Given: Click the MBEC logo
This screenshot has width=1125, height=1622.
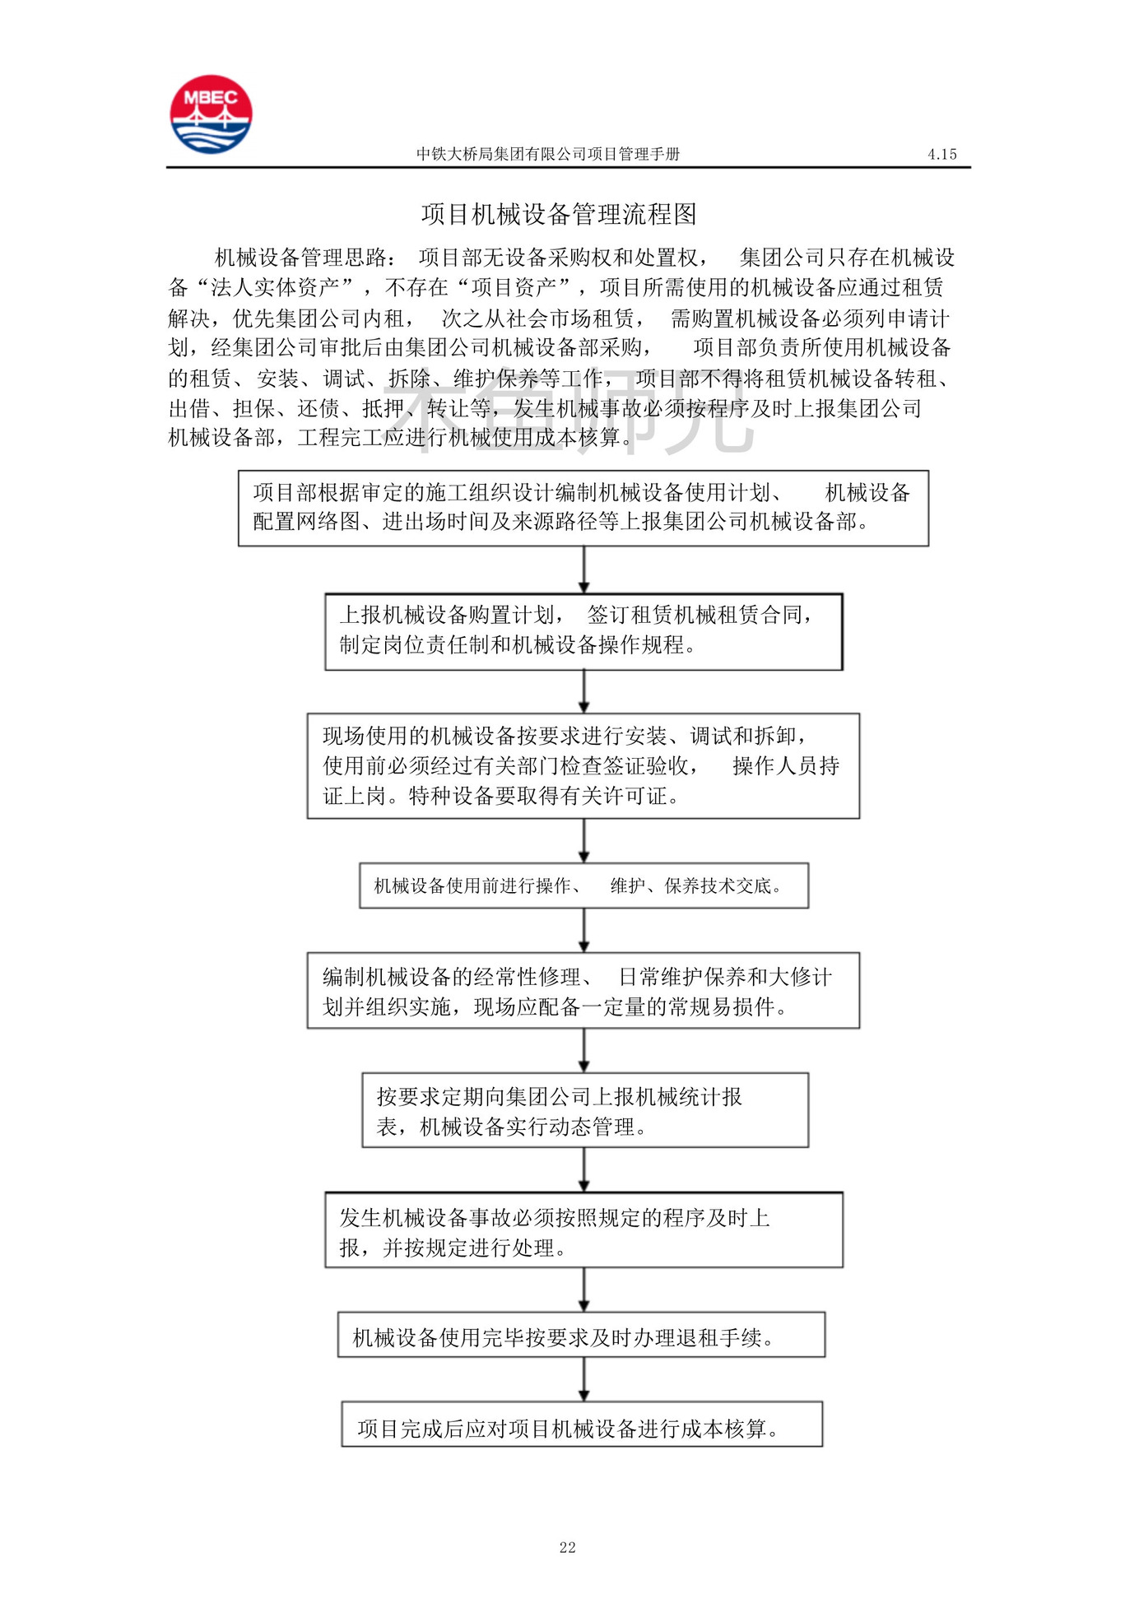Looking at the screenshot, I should pos(211,114).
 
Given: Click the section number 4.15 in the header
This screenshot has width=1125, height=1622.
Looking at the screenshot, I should pos(941,154).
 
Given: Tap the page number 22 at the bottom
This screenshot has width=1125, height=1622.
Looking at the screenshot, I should pos(567,1547).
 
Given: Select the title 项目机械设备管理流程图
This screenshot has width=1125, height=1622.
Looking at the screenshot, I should pos(559,215).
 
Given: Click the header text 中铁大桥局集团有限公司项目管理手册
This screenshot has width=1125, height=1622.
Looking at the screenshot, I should pos(547,154).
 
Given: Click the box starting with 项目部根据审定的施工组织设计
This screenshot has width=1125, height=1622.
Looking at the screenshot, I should pos(583,508).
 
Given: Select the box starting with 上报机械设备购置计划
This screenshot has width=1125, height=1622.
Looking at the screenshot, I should pos(583,631).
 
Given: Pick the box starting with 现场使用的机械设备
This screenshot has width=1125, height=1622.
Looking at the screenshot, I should pos(583,765).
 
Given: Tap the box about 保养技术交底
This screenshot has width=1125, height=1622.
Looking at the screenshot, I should pos(583,885).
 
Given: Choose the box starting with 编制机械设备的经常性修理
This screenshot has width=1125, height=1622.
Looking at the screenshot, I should pos(583,991).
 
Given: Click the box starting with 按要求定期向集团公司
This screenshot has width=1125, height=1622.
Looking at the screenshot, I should pos(584,1110).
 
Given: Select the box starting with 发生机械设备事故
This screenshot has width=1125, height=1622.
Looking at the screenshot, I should pos(583,1230).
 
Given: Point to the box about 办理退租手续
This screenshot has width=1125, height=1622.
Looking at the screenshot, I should pos(581,1335).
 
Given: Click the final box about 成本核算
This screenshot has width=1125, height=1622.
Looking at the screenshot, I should pos(581,1424).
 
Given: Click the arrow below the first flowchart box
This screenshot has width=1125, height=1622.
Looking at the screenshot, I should pos(583,569).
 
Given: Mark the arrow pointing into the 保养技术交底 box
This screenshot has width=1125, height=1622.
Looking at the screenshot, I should pos(583,840).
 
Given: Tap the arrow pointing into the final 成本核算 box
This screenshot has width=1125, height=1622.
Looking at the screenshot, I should pos(583,1379).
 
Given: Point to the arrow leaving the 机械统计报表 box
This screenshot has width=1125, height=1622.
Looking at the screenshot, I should pos(583,1169).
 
